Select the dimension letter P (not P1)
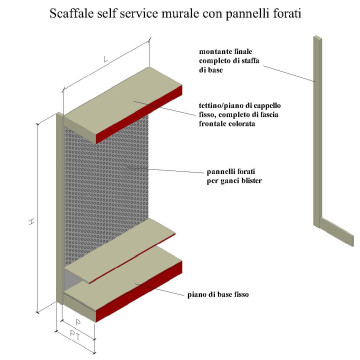coord(80,322)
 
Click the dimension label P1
coord(87,339)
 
